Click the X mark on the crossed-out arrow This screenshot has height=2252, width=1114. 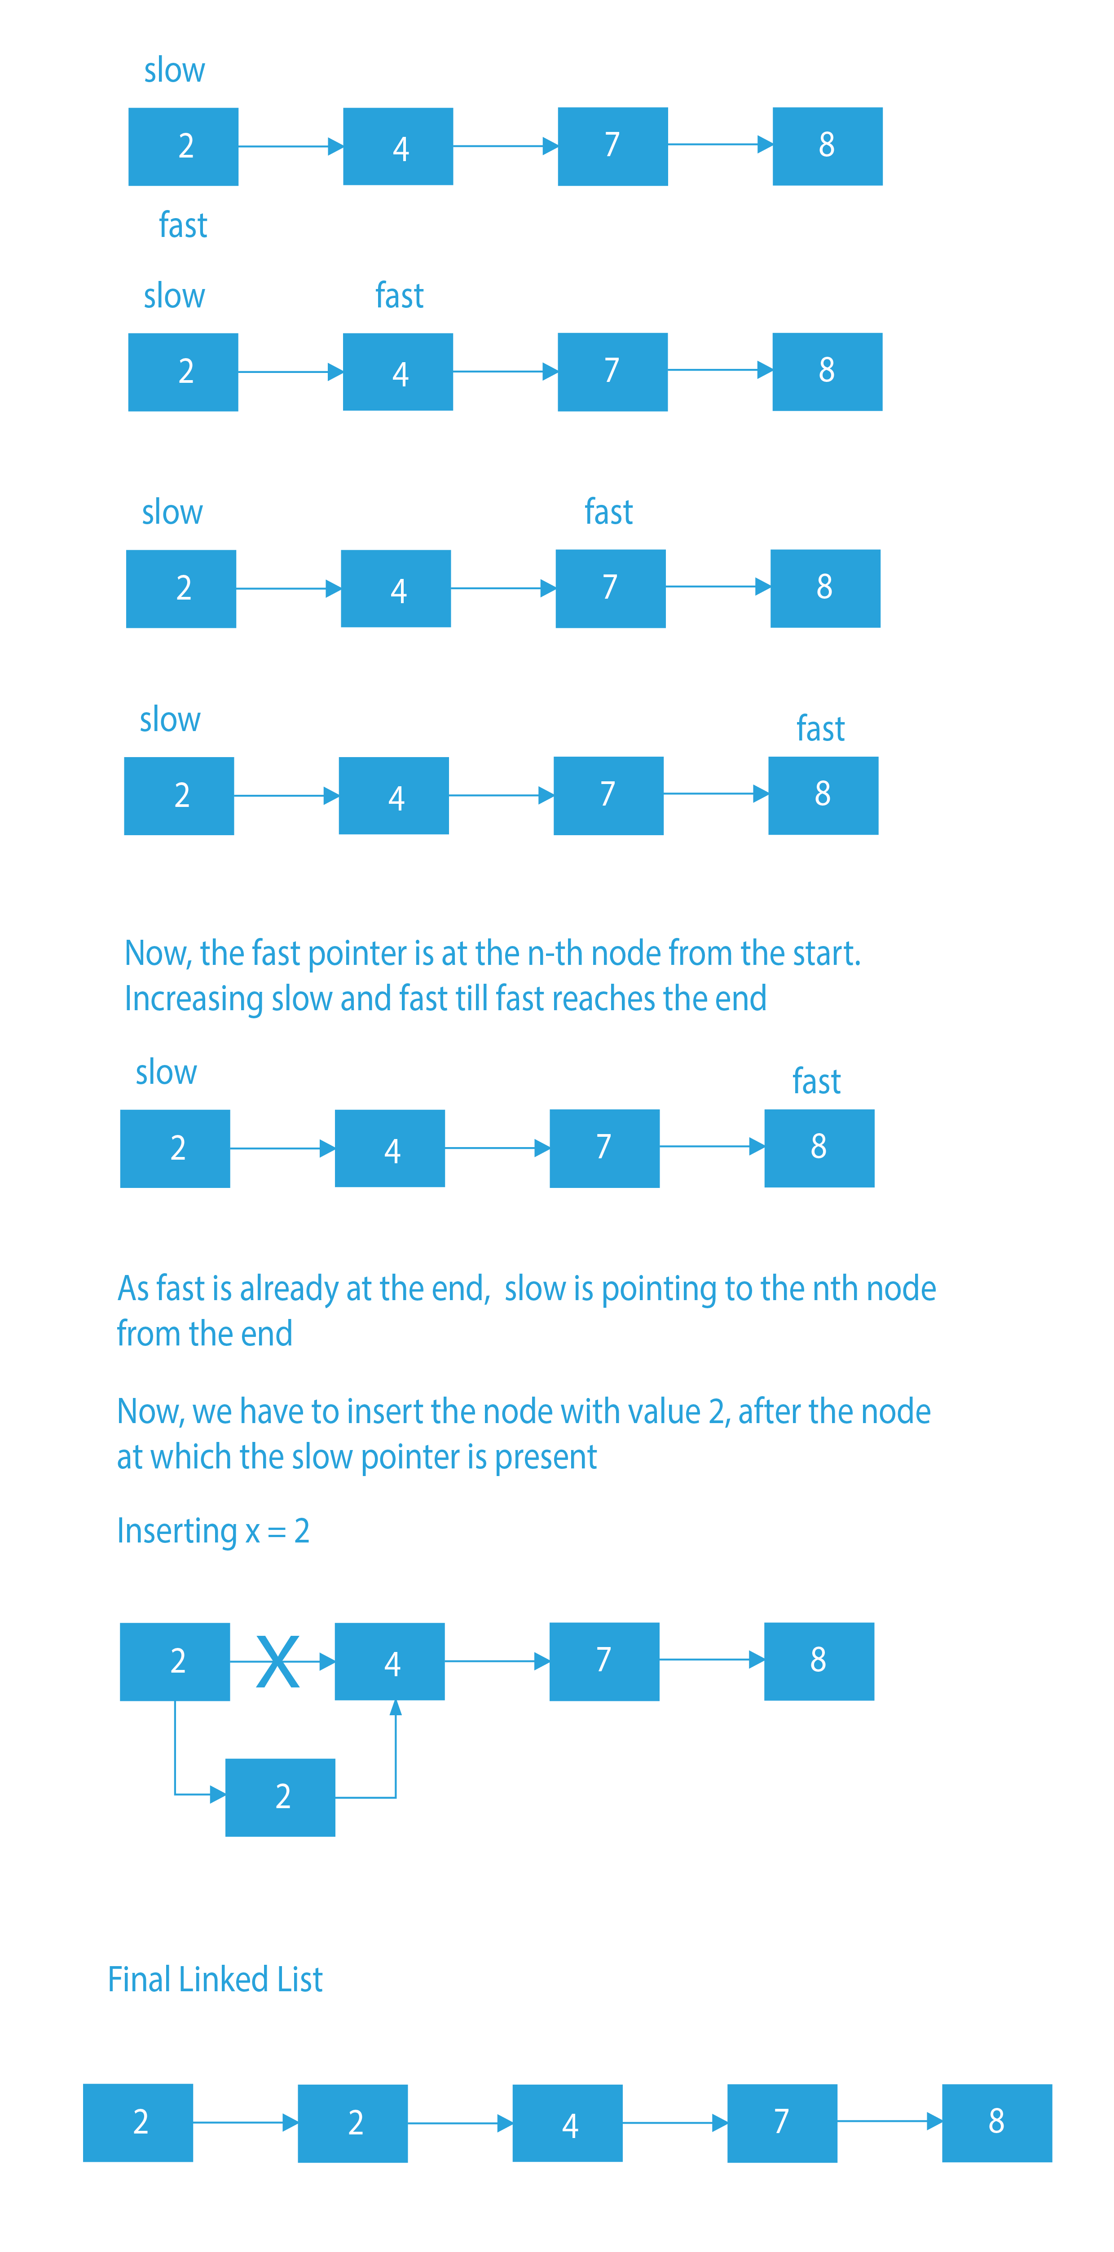[x=278, y=1661]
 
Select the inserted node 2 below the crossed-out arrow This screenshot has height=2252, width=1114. [x=280, y=1796]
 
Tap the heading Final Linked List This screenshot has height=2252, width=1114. [x=215, y=1978]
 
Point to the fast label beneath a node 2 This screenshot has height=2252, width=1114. [x=183, y=225]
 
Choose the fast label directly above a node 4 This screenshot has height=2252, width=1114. [x=400, y=295]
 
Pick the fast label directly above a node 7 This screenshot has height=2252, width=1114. [x=608, y=512]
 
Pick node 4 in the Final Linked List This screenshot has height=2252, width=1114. [x=568, y=2123]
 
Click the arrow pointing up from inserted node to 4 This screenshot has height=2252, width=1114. [x=395, y=1748]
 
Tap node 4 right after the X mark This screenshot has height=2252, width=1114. [x=390, y=1661]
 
